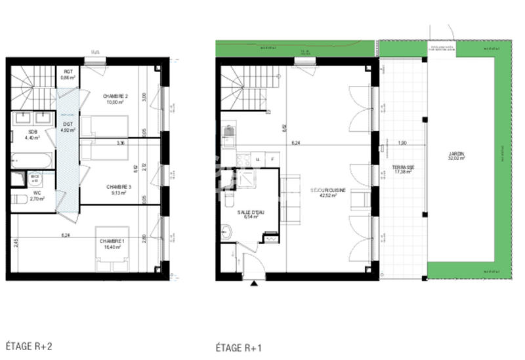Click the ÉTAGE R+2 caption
click(29, 345)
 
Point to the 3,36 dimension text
click(120, 142)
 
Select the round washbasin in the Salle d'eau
click(227, 231)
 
